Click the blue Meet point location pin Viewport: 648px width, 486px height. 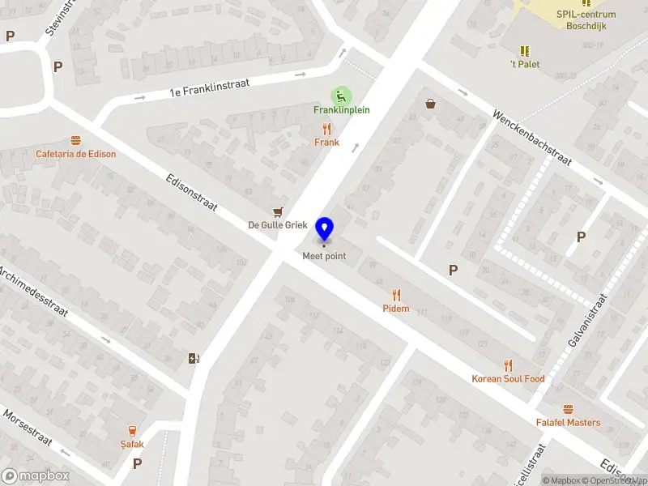[x=325, y=229]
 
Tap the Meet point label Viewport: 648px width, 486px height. [x=324, y=257]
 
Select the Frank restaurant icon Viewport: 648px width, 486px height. [x=327, y=129]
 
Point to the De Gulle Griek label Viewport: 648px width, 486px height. [x=278, y=225]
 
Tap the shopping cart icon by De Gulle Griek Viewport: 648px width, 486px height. [x=279, y=211]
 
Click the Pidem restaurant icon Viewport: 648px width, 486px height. [x=396, y=295]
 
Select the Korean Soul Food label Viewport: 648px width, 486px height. [x=508, y=379]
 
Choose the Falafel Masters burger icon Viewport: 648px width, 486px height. [x=568, y=409]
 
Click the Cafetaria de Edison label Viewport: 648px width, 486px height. [x=75, y=154]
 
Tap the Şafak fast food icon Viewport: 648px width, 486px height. [x=132, y=431]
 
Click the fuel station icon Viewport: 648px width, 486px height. [x=193, y=358]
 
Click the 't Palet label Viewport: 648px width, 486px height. [x=525, y=64]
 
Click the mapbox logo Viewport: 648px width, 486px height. [x=36, y=476]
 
